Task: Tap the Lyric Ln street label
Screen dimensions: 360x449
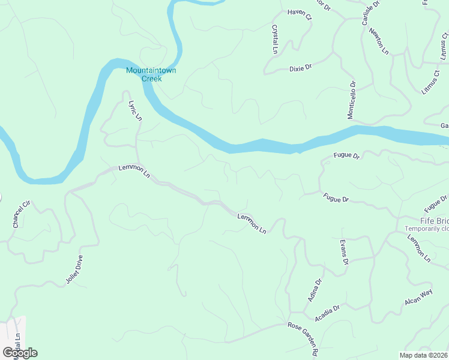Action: [x=134, y=109]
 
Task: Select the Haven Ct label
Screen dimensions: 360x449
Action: [x=300, y=14]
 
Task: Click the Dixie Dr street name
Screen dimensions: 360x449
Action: [x=301, y=68]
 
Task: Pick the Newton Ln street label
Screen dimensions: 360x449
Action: [x=379, y=41]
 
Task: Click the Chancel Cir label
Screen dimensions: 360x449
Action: [x=20, y=215]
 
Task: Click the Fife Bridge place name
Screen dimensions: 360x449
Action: [x=426, y=220]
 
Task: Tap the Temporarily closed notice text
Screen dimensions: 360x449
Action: [x=426, y=229]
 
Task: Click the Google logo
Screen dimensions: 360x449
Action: [x=20, y=352]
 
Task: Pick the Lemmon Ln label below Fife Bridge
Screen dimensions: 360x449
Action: [x=419, y=248]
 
